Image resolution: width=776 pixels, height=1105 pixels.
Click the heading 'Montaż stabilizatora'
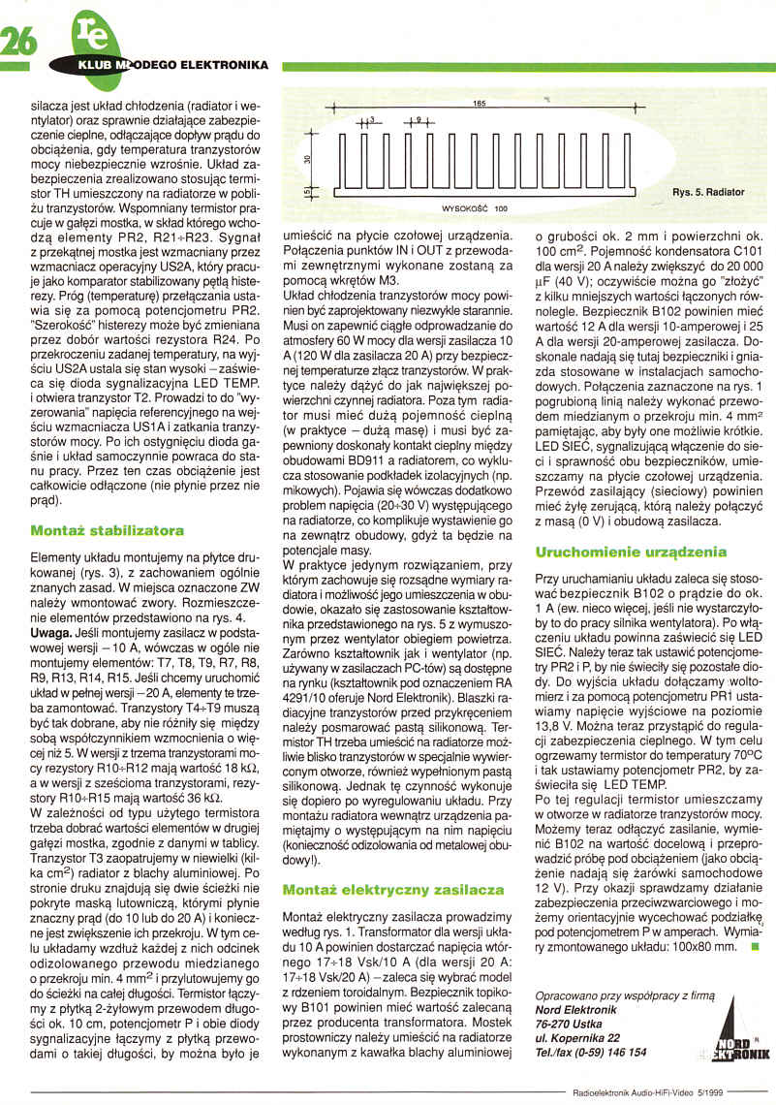pos(107,531)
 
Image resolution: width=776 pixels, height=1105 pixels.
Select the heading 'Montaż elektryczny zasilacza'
pos(393,888)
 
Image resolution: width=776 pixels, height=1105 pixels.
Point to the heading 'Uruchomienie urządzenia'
pos(630,552)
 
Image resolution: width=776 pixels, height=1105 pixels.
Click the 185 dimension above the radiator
pos(479,103)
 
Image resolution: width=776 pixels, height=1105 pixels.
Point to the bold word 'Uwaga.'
pos(51,629)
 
